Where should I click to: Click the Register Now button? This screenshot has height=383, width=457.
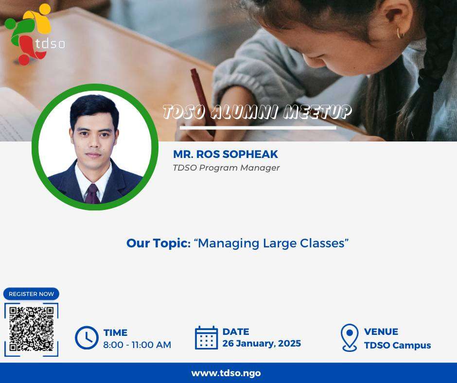[x=31, y=294]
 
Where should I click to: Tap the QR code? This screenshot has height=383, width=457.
[x=32, y=329]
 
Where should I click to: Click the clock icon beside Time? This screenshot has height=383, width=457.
[x=87, y=338]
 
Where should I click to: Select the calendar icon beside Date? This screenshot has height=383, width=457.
[x=206, y=337]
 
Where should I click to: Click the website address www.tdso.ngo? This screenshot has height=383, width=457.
[x=226, y=373]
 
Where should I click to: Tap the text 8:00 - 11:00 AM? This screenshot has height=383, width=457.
[x=137, y=345]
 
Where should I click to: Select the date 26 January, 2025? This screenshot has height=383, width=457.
[x=262, y=343]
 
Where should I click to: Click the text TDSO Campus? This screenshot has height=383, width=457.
[x=397, y=346]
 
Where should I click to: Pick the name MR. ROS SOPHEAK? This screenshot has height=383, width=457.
[x=226, y=154]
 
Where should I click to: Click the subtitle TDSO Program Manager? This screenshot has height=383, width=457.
[x=226, y=168]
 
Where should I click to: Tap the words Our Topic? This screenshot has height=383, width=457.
[x=157, y=243]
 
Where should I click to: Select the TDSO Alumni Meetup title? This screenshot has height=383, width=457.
[x=257, y=112]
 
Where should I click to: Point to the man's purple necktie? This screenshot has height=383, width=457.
[x=92, y=193]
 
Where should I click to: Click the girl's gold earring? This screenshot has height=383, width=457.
[x=400, y=33]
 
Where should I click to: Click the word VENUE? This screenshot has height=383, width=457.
[x=381, y=331]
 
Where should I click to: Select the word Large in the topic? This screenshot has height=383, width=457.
[x=279, y=244]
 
